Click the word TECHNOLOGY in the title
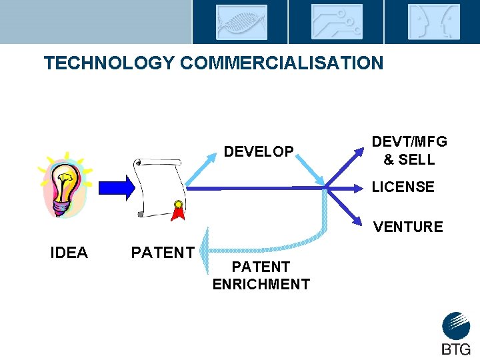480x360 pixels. point(109,63)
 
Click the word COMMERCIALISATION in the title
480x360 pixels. point(281,63)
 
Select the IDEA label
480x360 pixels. point(69,253)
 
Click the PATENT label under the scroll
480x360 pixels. point(163,253)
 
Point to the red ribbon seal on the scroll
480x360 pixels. point(178,209)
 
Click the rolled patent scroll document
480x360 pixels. point(158,187)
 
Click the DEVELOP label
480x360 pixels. point(259,152)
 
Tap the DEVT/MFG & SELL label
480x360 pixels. point(409,151)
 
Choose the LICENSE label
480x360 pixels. point(403,187)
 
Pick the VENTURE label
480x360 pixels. point(408,227)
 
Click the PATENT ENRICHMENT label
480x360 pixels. point(261,275)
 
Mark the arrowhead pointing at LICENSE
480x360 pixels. point(361,189)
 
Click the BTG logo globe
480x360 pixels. point(456,326)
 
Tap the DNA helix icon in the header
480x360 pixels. point(241,22)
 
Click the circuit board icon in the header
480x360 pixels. point(337,22)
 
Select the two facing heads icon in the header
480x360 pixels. point(433,22)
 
